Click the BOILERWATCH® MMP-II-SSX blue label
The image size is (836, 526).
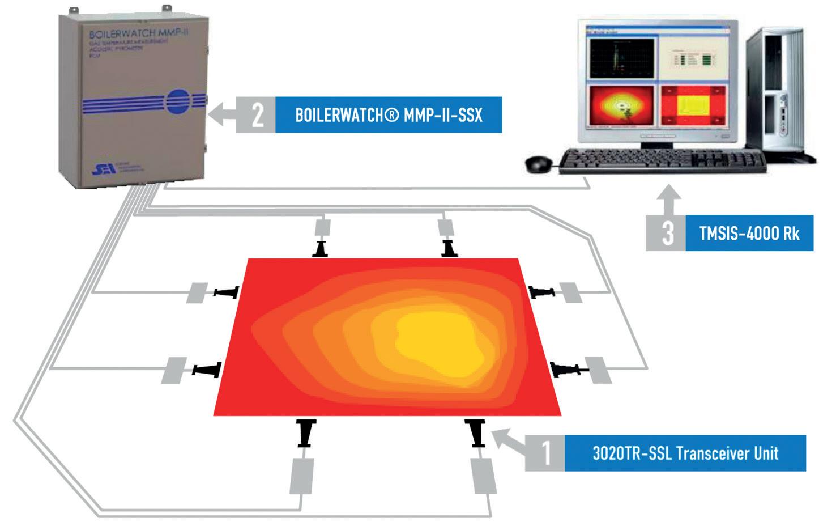(388, 115)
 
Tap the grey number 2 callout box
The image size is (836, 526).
(256, 115)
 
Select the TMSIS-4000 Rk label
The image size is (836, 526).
(749, 233)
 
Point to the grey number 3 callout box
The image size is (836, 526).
(668, 233)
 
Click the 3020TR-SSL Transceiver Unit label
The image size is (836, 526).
(685, 453)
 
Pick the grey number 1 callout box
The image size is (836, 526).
(545, 453)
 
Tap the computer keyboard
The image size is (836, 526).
(663, 161)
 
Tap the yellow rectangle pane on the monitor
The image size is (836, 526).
(693, 105)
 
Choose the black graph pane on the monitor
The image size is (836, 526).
(621, 59)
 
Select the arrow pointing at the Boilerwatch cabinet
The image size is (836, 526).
(222, 114)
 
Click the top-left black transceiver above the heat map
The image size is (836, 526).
(321, 248)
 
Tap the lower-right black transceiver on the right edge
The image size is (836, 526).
(568, 370)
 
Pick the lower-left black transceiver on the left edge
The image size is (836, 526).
(206, 370)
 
